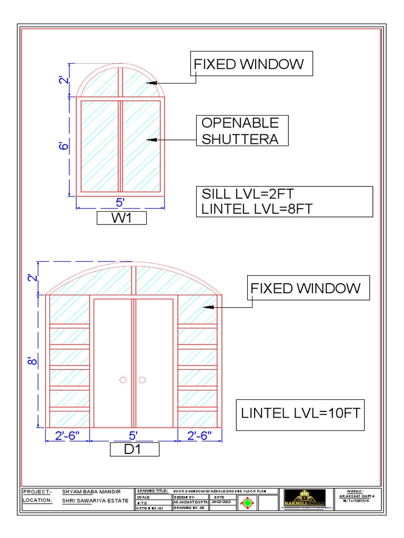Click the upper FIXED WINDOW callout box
[251, 65]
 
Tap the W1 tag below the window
[122, 218]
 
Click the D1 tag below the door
[134, 450]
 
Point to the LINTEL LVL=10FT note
[301, 412]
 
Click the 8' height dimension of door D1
[33, 361]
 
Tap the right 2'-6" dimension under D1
[199, 436]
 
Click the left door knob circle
[123, 380]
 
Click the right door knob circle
[142, 380]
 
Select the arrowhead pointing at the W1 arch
[152, 82]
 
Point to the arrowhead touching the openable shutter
[151, 140]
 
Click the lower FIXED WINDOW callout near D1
[306, 288]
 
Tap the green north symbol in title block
[248, 503]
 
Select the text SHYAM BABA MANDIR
[95, 491]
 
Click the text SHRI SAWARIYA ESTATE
[95, 501]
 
